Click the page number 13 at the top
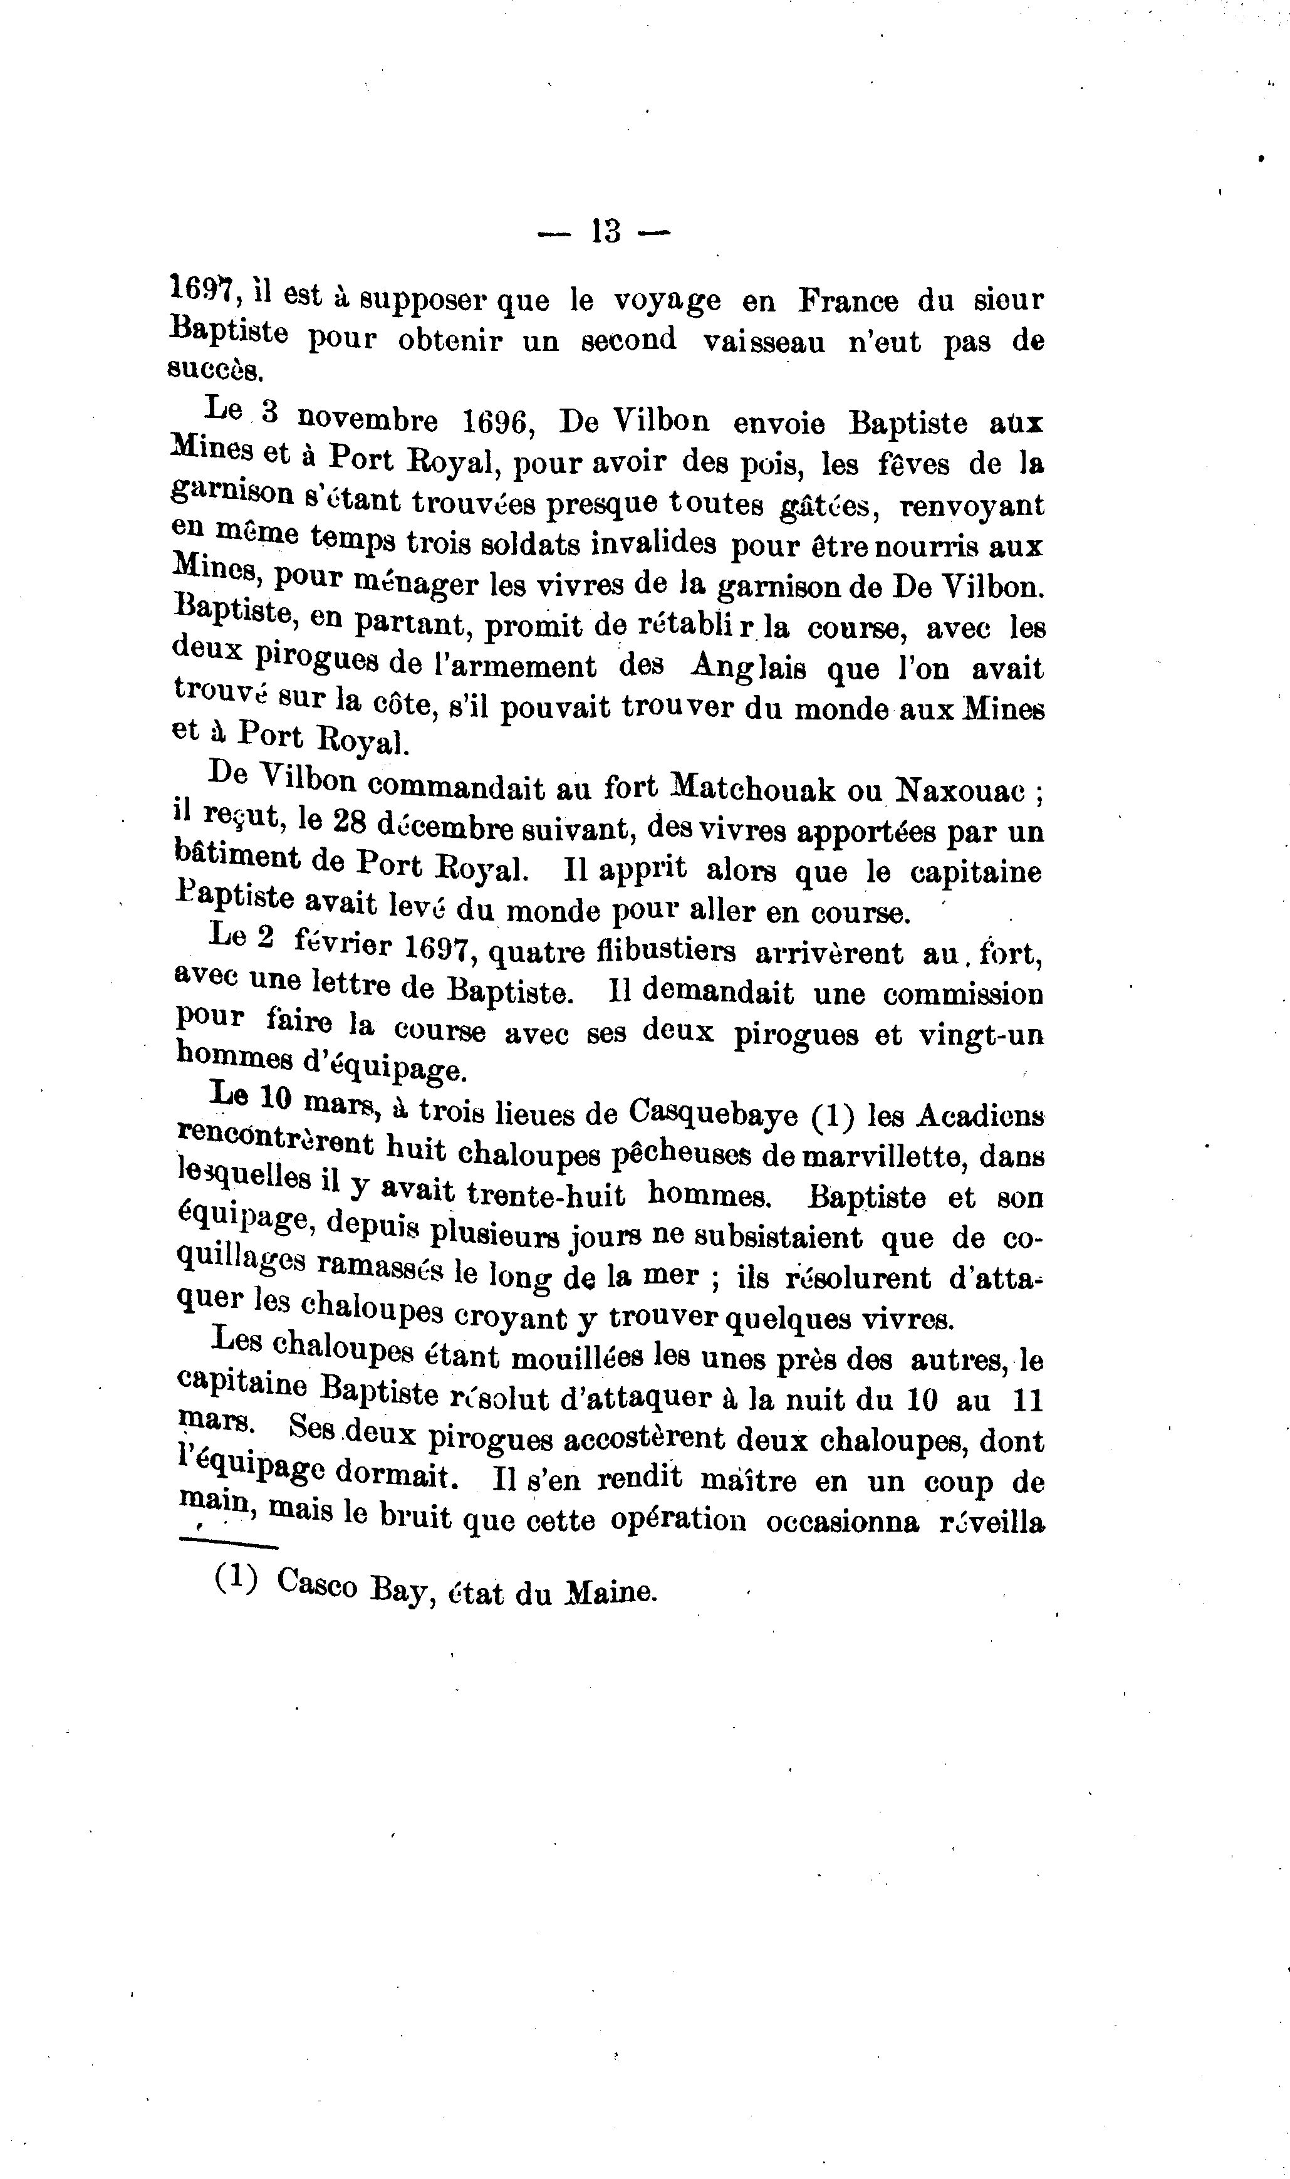[606, 231]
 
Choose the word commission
[965, 993]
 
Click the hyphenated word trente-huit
[546, 1194]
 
